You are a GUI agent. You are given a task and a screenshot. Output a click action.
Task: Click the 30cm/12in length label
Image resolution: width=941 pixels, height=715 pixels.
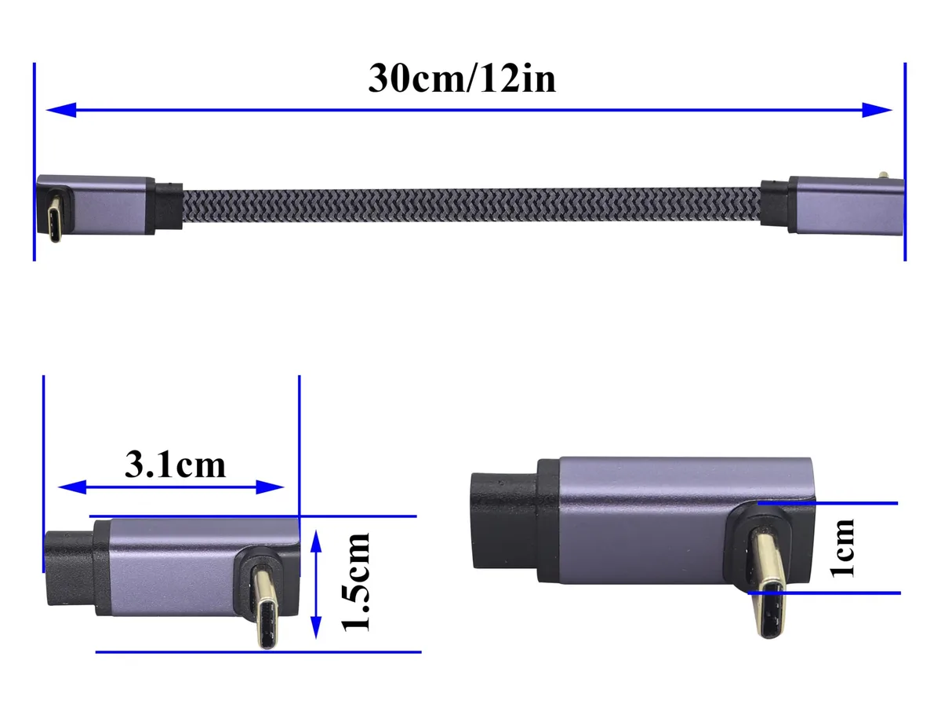tap(462, 78)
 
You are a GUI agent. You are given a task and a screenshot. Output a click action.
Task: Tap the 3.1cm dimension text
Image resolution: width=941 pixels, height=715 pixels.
tap(175, 465)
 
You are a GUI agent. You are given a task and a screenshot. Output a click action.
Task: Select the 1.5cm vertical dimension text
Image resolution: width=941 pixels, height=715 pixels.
tap(355, 582)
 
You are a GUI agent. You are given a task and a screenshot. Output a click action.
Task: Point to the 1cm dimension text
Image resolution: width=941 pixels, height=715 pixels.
tap(842, 549)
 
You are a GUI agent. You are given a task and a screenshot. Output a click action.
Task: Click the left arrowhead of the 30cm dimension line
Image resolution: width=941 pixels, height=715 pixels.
tap(61, 110)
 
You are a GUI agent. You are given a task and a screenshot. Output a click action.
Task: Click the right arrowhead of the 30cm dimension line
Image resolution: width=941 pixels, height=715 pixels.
tap(877, 110)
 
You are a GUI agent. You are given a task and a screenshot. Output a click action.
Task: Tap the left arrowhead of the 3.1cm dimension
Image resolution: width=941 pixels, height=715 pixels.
tap(72, 487)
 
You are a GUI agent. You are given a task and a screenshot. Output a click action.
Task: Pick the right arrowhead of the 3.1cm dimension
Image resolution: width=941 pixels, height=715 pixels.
tap(270, 487)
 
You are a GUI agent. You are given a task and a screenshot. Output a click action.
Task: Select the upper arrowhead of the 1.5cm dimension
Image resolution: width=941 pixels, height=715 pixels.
tap(316, 542)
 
